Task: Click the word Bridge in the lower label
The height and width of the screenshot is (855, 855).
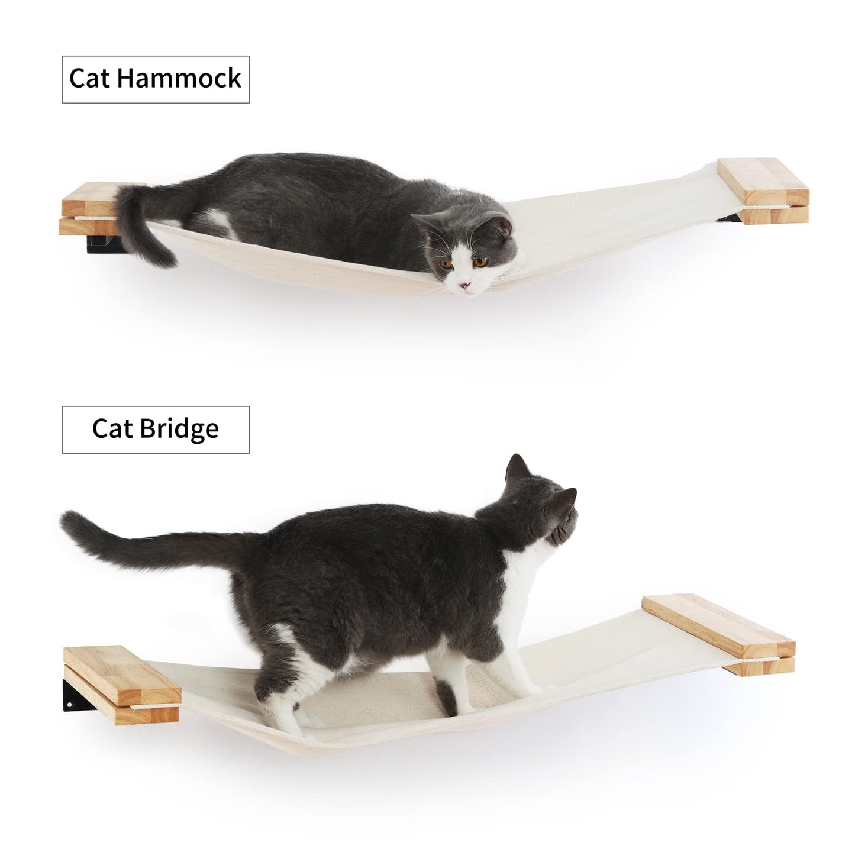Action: click(x=179, y=429)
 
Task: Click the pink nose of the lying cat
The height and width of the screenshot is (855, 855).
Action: click(x=465, y=285)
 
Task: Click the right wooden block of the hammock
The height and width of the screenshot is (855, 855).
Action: click(x=763, y=190)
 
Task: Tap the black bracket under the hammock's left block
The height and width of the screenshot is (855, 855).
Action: click(x=104, y=244)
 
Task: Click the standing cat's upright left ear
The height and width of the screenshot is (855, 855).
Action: click(x=518, y=468)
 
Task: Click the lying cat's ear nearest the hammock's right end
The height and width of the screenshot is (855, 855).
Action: click(x=504, y=225)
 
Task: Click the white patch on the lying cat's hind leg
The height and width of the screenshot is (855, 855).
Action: click(x=213, y=222)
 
